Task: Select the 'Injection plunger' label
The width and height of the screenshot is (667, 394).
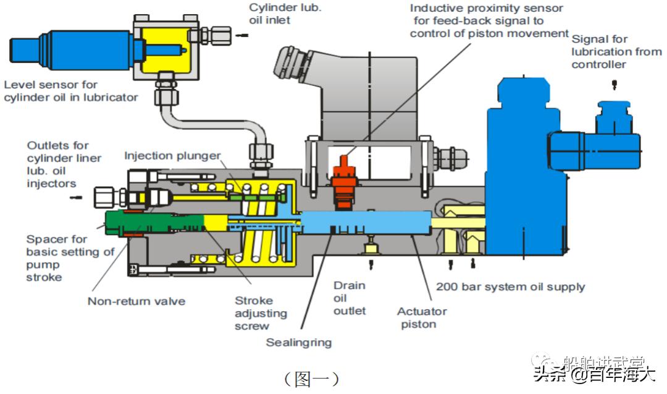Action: tap(172, 155)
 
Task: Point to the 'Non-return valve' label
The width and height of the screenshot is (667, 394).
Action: tap(136, 301)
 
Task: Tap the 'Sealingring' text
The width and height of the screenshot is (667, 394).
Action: tap(299, 342)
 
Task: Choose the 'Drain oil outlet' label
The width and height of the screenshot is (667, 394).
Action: tap(350, 298)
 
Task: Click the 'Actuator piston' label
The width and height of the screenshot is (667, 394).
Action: tap(422, 318)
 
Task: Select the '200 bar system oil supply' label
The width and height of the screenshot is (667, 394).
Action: tap(510, 287)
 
